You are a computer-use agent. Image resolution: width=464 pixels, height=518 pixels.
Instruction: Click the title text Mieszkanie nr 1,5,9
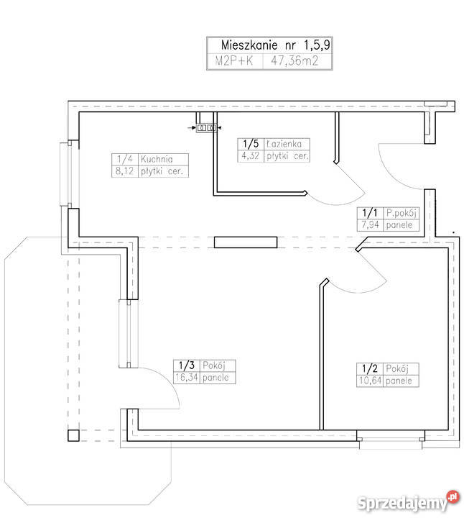tap(275, 45)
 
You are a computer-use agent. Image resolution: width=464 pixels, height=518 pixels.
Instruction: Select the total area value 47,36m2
tap(294, 61)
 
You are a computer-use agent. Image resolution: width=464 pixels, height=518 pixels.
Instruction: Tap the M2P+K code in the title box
tap(234, 61)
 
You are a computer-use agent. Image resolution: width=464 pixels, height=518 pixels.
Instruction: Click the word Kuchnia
tap(157, 159)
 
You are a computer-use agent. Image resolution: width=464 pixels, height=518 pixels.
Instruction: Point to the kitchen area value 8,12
tap(124, 171)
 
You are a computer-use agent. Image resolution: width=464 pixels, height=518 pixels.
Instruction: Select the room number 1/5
tap(251, 144)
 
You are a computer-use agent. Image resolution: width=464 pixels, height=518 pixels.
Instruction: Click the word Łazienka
tap(284, 144)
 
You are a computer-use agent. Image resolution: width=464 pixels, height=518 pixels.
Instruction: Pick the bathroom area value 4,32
tap(250, 155)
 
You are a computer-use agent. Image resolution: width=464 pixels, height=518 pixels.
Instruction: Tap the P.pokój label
tap(401, 214)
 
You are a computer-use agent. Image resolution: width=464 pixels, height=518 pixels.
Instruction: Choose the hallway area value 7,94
tap(370, 225)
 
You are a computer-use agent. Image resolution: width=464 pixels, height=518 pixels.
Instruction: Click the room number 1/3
tap(187, 365)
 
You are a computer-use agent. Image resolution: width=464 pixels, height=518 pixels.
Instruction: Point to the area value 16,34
tap(186, 377)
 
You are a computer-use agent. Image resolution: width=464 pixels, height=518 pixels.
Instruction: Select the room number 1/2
tap(370, 368)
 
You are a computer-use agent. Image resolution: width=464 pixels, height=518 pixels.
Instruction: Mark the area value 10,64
tap(370, 381)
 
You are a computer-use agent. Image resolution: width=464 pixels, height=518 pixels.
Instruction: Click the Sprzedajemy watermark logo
tap(408, 502)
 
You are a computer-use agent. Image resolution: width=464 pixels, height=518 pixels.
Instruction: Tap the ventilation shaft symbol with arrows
tap(206, 127)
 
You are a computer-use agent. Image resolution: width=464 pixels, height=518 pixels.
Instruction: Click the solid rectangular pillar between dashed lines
tap(246, 242)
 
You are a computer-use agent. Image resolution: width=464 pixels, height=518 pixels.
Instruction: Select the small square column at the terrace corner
tap(73, 435)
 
